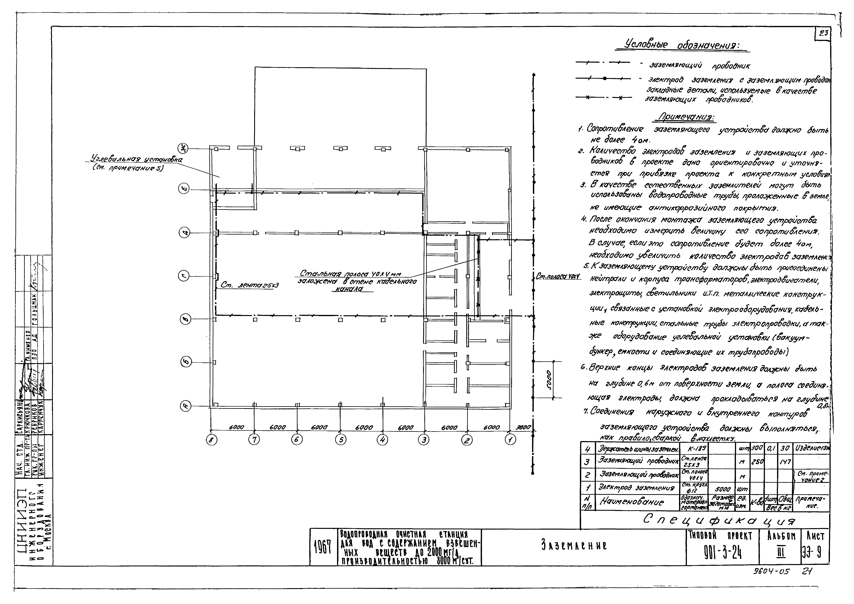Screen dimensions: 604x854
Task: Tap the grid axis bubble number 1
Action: pos(510,440)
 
